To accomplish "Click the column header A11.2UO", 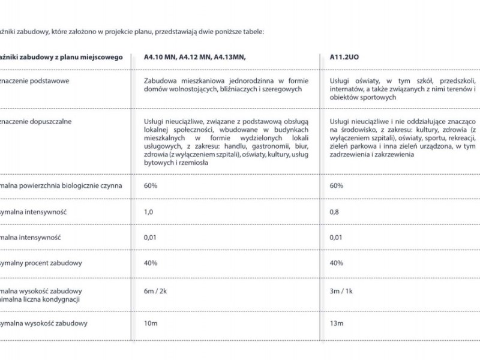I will click(344, 57).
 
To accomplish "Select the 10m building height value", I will click(151, 323).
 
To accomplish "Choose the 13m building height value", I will click(337, 323).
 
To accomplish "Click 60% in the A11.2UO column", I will click(337, 185).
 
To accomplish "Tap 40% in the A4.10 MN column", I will click(151, 263).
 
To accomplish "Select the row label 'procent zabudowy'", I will click(56, 263).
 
